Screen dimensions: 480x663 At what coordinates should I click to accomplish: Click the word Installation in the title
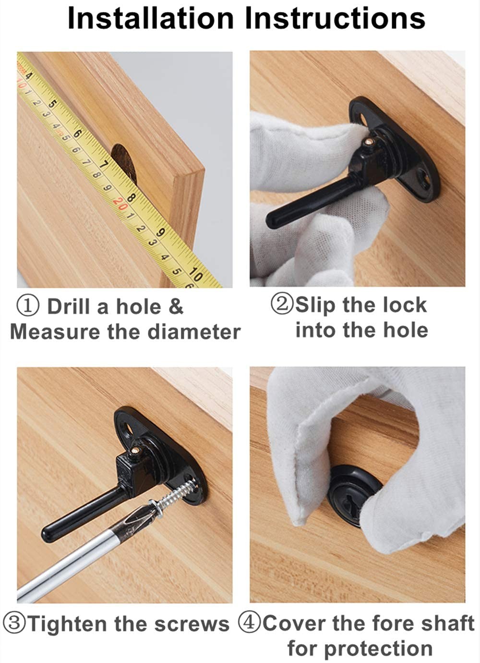click(151, 18)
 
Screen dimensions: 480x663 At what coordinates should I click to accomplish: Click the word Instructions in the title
click(336, 18)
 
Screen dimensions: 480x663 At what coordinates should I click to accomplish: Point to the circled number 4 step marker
click(250, 623)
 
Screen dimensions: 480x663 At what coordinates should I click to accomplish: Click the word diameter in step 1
click(194, 332)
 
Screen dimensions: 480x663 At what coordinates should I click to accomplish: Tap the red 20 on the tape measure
click(120, 203)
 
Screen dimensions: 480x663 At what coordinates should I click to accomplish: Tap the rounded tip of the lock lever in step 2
click(272, 220)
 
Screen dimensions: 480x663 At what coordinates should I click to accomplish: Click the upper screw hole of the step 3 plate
click(128, 428)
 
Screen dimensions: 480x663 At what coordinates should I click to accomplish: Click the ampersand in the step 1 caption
click(176, 307)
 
